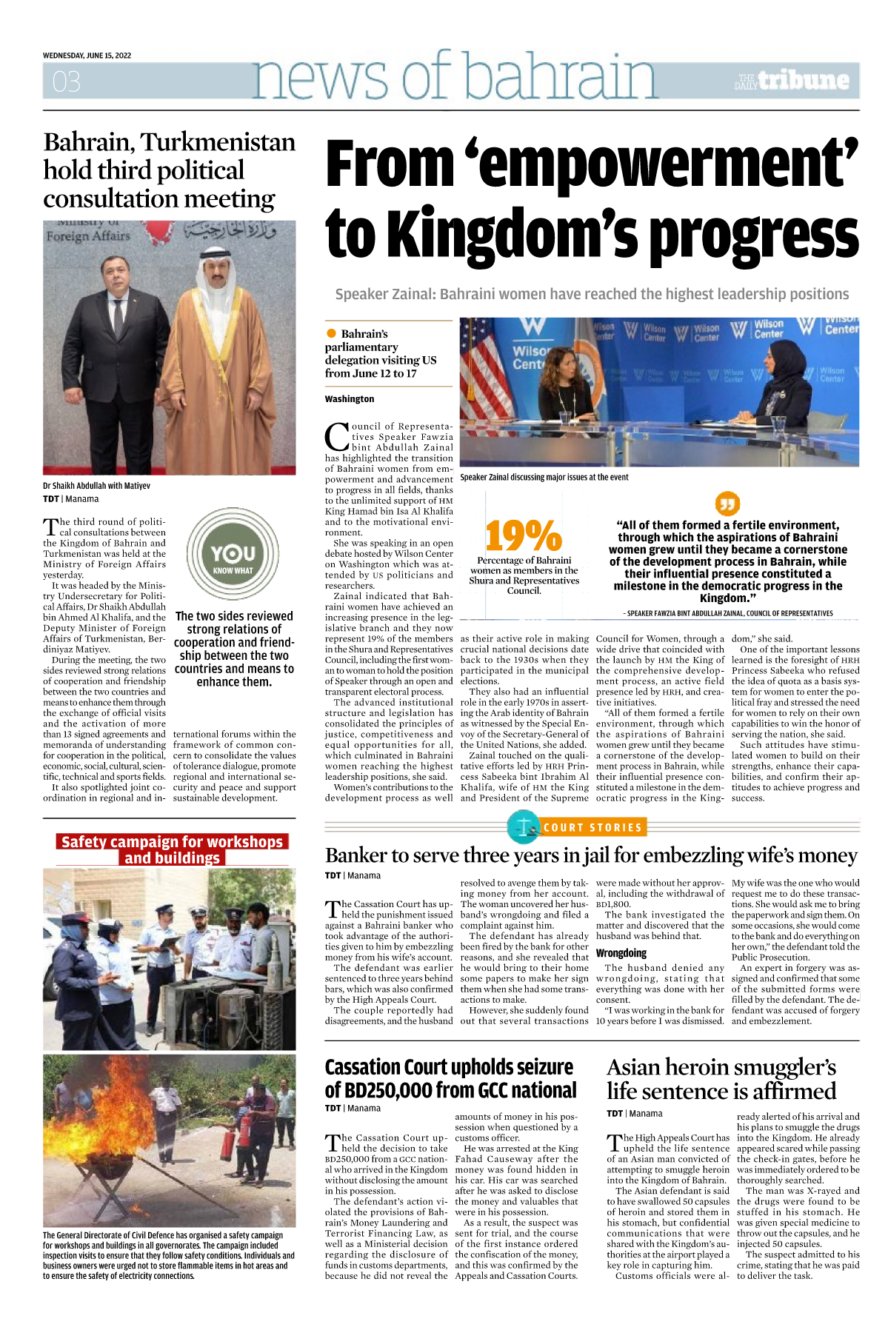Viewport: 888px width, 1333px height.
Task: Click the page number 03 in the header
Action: pos(66,81)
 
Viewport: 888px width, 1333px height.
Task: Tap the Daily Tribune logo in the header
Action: pos(792,81)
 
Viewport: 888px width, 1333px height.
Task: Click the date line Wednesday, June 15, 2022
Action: pos(87,56)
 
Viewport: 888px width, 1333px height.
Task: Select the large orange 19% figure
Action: pos(524,535)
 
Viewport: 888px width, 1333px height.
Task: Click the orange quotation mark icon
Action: pos(727,504)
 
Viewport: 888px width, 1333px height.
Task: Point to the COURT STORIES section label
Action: pos(592,827)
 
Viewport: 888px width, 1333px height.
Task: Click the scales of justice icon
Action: pos(525,827)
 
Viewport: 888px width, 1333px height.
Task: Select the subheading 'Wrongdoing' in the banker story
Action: pos(621,953)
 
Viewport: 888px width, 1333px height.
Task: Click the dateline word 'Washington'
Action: pos(350,399)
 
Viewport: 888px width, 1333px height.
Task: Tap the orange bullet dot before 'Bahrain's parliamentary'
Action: pos(331,334)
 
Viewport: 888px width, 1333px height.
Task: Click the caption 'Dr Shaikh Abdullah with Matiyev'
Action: pos(96,486)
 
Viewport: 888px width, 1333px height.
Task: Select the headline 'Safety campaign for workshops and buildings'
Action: pos(172,849)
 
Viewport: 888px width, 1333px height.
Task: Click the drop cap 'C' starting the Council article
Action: pos(337,437)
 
